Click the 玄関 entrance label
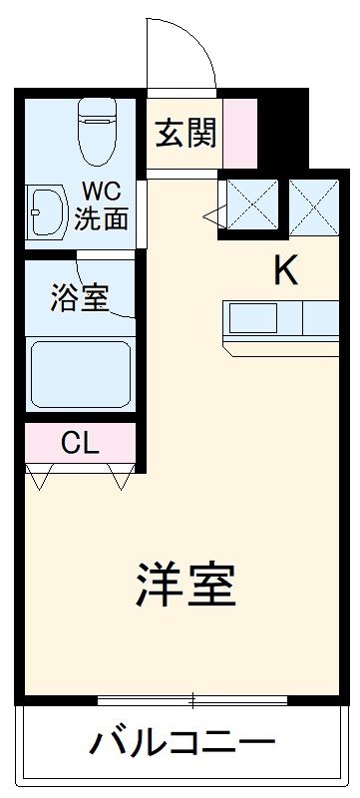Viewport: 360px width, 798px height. pyautogui.click(x=186, y=133)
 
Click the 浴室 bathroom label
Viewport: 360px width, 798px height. pyautogui.click(x=79, y=297)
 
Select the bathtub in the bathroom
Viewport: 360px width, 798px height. pyautogui.click(x=80, y=375)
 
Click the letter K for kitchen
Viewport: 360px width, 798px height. pyautogui.click(x=286, y=271)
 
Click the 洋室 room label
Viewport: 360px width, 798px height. pyautogui.click(x=185, y=588)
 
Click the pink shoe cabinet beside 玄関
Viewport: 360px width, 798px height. pyautogui.click(x=240, y=133)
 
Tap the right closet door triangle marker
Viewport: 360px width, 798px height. pyautogui.click(x=123, y=478)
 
